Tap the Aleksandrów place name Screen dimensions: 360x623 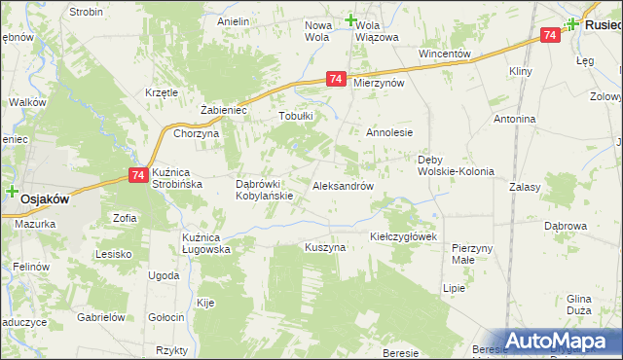(x=343, y=185)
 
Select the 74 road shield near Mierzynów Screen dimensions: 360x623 (x=335, y=79)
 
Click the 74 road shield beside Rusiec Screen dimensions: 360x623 (x=550, y=35)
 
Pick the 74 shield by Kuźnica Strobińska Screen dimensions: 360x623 (x=136, y=175)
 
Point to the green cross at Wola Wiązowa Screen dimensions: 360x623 (x=351, y=19)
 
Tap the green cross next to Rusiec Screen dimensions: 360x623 (x=573, y=24)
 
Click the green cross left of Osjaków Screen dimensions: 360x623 (x=12, y=193)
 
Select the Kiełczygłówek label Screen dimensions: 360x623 (x=405, y=236)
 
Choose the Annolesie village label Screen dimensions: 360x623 (x=390, y=132)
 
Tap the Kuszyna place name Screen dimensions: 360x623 (x=325, y=247)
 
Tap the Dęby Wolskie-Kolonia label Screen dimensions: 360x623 (x=456, y=165)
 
